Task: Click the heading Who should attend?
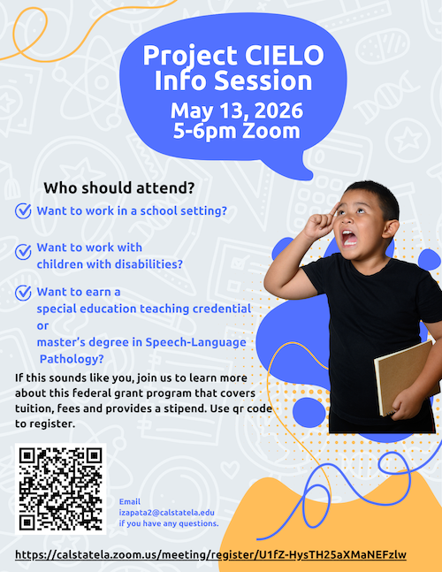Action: pyautogui.click(x=118, y=188)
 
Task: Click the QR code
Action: pyautogui.click(x=60, y=489)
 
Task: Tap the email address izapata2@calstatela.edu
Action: pyautogui.click(x=167, y=512)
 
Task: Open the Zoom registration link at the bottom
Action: pyautogui.click(x=210, y=554)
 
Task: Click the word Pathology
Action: pyautogui.click(x=72, y=358)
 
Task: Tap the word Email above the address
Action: pyautogui.click(x=129, y=501)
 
